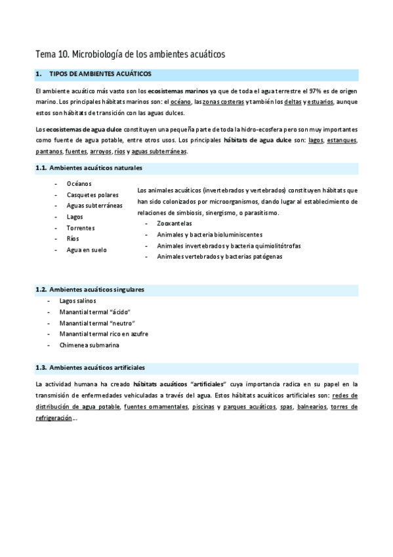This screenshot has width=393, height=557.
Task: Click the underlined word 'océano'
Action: coord(181,102)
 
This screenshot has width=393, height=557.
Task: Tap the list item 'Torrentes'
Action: coord(81,228)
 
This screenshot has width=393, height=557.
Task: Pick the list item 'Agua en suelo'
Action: coord(87,250)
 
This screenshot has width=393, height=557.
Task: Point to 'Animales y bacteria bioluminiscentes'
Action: coord(210,234)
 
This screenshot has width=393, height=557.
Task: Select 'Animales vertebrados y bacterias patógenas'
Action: coord(220,257)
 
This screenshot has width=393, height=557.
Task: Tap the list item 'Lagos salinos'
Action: coord(78,300)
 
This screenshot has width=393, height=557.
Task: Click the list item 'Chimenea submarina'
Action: coord(89,345)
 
